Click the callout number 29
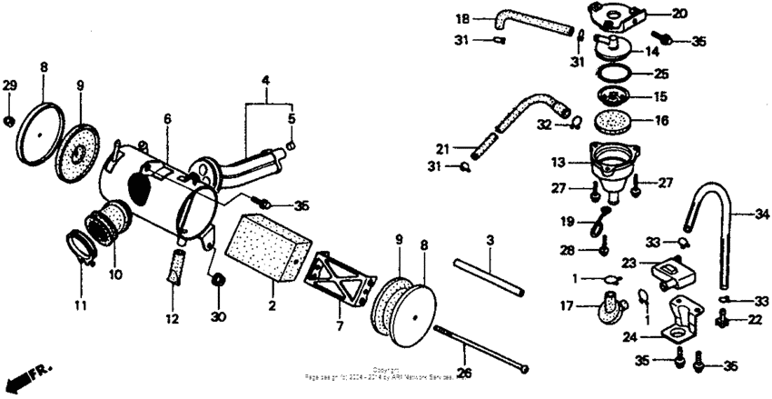coord(9,85)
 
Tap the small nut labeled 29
coord(9,119)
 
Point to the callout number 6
coord(167,119)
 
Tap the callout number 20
coord(654,14)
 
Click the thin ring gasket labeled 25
coord(617,73)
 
